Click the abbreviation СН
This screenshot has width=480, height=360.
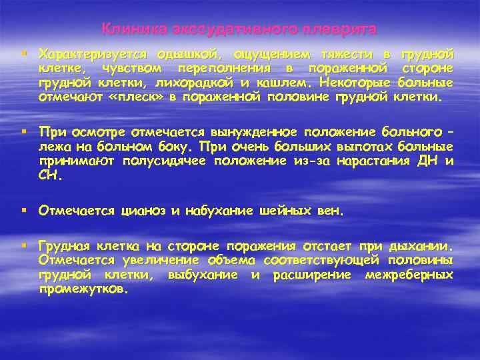[x=49, y=177]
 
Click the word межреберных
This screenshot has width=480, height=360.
[x=409, y=275]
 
